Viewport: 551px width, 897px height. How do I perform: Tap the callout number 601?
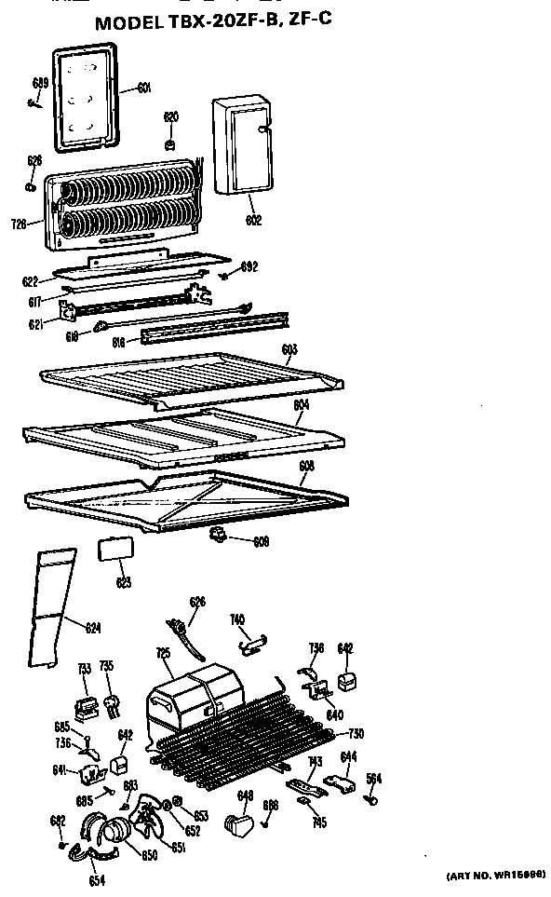[144, 88]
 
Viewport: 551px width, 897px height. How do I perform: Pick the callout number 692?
[249, 267]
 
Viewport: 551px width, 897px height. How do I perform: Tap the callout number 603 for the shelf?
[289, 349]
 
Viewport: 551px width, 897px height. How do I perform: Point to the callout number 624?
[92, 627]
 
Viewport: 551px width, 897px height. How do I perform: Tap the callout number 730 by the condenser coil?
[356, 733]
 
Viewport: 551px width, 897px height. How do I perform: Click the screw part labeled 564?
[373, 796]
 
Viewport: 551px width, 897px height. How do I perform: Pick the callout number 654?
[96, 880]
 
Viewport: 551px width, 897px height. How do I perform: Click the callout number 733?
[84, 668]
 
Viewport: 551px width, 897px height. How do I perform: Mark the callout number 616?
[119, 342]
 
